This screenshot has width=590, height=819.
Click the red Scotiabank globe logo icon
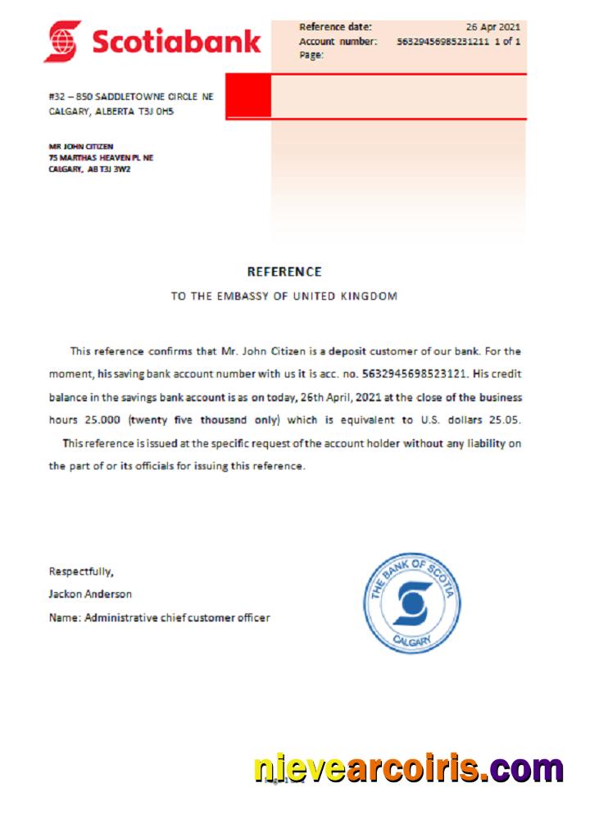click(x=63, y=41)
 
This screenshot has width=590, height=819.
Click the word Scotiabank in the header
click(x=176, y=41)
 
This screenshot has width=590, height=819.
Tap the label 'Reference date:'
click(x=335, y=27)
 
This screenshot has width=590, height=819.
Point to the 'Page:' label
click(x=311, y=55)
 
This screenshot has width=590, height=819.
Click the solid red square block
click(x=247, y=97)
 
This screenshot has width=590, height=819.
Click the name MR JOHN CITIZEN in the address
click(x=80, y=147)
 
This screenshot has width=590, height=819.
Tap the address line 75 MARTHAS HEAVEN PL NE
click(x=101, y=157)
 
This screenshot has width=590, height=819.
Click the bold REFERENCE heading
click(x=284, y=272)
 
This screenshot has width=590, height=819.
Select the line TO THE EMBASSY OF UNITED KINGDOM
click(x=284, y=296)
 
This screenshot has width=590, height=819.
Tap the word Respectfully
click(x=81, y=571)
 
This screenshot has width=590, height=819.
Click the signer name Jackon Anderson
click(x=90, y=594)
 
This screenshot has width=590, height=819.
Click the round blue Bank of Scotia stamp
click(x=411, y=603)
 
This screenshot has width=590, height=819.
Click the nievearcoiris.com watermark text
click(x=407, y=769)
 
